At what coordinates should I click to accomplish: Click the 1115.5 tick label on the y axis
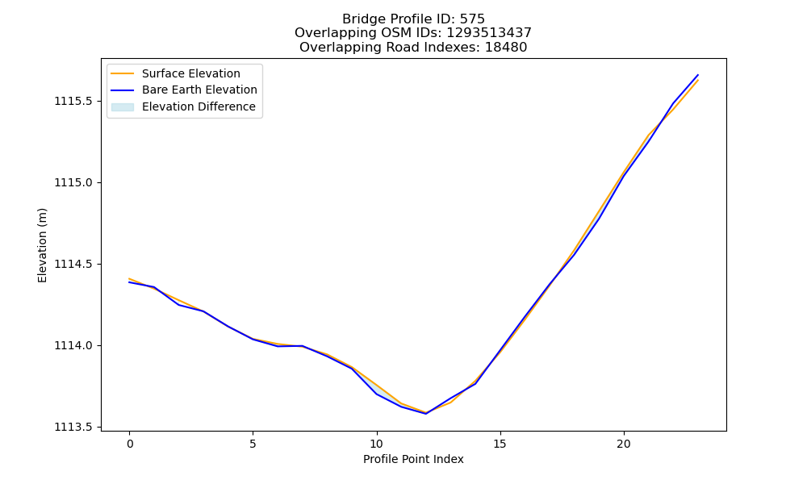point(73,101)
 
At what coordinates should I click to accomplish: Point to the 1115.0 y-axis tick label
point(73,182)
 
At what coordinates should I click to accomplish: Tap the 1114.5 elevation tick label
point(73,264)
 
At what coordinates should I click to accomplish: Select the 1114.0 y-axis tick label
point(73,345)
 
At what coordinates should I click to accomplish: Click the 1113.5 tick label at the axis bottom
point(73,427)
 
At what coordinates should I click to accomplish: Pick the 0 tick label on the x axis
point(130,444)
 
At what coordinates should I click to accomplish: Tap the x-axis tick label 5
point(253,444)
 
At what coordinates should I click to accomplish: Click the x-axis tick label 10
point(377,444)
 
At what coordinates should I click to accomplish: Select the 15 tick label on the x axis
point(500,444)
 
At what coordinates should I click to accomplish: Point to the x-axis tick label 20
point(624,444)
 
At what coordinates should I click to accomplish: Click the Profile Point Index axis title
point(413,459)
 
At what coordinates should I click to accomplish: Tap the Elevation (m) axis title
point(42,245)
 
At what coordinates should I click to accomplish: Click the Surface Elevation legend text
point(191,73)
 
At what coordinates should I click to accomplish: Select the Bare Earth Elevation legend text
point(199,90)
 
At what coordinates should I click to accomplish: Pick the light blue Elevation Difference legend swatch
point(123,107)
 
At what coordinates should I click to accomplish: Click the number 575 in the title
point(472,19)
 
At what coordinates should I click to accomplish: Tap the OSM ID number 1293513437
point(489,33)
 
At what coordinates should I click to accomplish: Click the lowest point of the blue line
point(426,414)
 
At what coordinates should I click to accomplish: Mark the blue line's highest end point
point(698,74)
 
